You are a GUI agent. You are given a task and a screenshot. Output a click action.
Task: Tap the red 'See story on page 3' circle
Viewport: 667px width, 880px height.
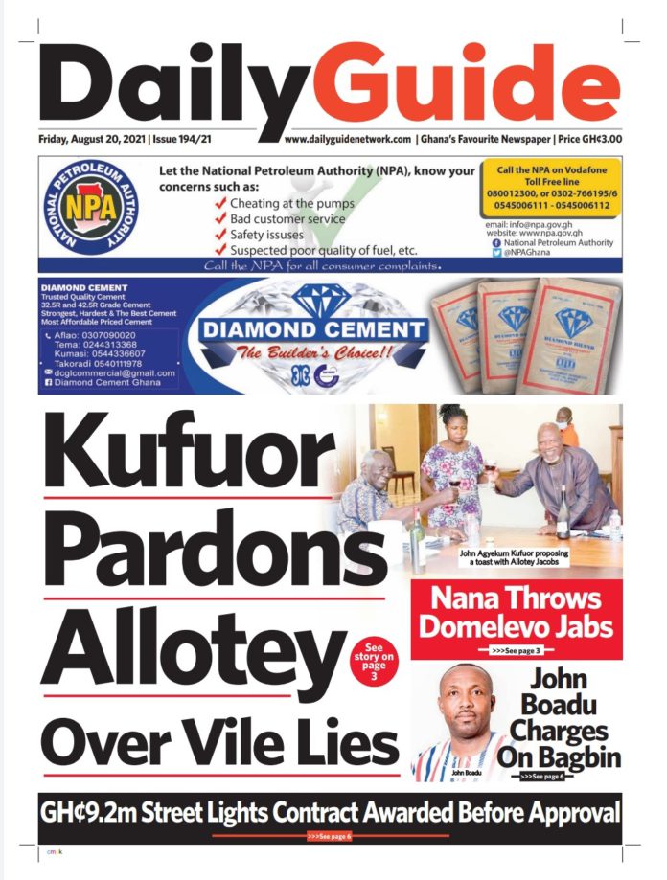click(373, 663)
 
